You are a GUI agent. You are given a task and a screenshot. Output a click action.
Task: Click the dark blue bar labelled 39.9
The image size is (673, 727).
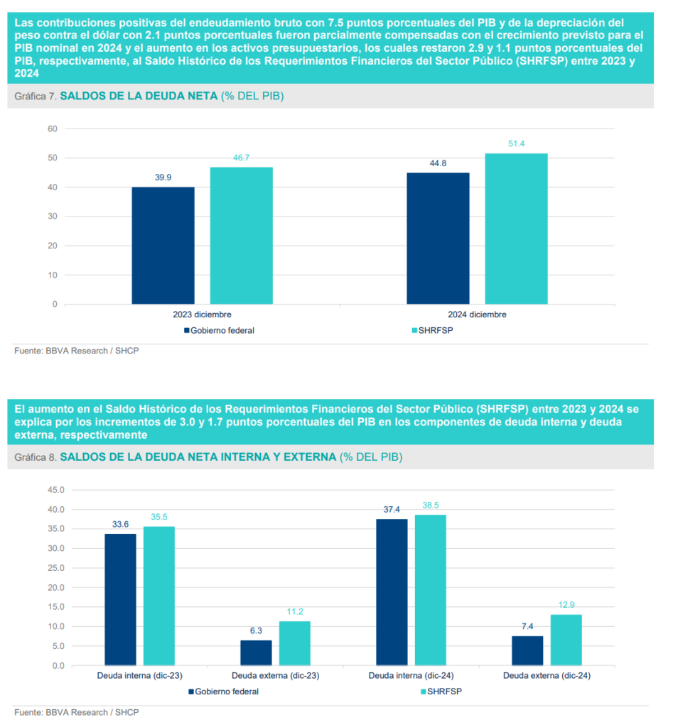[x=163, y=245]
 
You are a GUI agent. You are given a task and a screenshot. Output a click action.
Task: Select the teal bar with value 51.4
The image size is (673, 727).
[x=516, y=229]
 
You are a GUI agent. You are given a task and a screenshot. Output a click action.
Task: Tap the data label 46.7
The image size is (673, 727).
[x=241, y=158]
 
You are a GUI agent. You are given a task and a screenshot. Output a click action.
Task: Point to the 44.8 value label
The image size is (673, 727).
[x=438, y=163]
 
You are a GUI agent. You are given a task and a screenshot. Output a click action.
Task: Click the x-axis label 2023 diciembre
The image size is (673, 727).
[x=202, y=315]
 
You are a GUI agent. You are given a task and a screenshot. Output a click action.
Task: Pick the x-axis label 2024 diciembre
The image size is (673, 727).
[x=477, y=315]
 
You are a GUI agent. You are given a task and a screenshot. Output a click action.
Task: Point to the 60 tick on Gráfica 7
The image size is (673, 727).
[x=52, y=129]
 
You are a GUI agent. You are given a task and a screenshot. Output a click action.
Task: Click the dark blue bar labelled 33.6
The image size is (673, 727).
[x=120, y=599]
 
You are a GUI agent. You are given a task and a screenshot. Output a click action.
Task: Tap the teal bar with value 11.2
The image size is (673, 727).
[x=294, y=643]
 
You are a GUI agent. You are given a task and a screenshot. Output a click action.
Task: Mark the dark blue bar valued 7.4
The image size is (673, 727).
[x=527, y=650]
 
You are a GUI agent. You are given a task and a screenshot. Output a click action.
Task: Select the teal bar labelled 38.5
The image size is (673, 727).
[x=430, y=590]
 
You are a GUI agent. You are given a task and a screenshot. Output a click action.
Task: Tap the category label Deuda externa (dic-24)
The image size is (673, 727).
[x=547, y=676]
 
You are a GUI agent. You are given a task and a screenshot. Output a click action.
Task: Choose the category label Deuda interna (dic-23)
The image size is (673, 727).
[x=139, y=676]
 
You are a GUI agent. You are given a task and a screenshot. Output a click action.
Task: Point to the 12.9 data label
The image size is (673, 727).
[x=566, y=604]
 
